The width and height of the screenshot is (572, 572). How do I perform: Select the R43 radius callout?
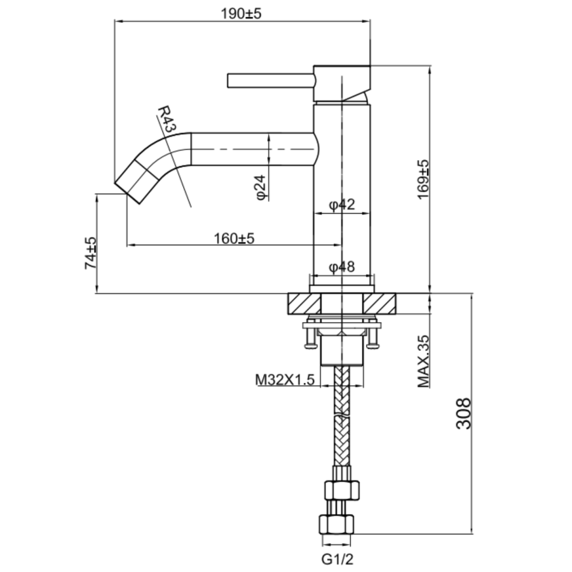tap(166, 119)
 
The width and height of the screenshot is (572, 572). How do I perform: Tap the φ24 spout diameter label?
tap(261, 188)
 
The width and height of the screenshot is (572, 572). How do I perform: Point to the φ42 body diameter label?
tap(341, 205)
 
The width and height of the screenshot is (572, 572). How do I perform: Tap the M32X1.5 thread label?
tap(285, 379)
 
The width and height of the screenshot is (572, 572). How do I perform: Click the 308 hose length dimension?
tap(463, 413)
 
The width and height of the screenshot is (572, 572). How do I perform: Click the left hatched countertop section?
tap(304, 304)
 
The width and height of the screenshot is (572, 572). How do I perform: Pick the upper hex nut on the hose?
tap(342, 491)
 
